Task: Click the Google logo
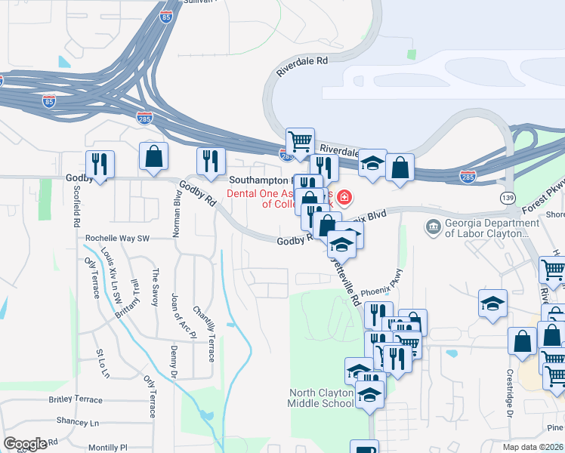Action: (25, 444)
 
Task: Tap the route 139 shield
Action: (507, 197)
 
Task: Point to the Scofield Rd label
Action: (76, 206)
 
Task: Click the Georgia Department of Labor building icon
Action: (433, 226)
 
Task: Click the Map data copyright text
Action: (532, 447)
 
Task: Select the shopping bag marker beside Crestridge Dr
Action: (522, 342)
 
